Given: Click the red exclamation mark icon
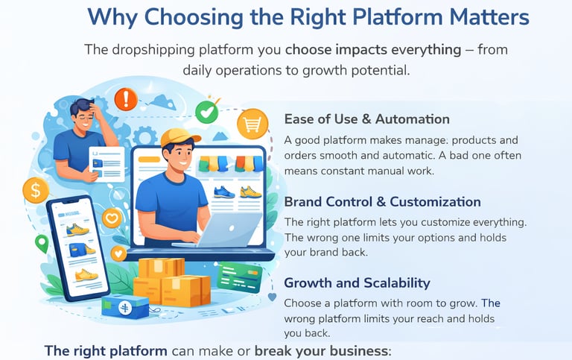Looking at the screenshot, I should point(126,98).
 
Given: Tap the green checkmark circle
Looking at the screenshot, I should point(206,113).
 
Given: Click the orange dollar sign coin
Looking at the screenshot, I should point(35,190).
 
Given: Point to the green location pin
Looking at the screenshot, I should point(42,243).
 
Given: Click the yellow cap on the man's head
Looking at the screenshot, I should point(180,138).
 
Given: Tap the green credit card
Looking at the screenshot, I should point(239,278).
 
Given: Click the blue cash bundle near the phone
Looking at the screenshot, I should point(124,306).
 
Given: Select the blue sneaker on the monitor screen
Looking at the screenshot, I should point(224,192).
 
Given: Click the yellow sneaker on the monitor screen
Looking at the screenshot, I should point(250,192).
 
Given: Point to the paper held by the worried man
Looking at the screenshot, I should point(105,162).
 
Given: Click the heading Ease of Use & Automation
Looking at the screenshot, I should point(366,119).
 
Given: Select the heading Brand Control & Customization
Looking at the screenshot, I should point(382,202).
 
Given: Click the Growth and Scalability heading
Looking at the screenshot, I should point(357,283).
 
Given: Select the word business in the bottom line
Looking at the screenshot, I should point(354,350).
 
